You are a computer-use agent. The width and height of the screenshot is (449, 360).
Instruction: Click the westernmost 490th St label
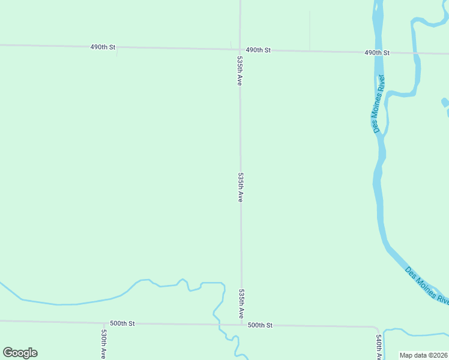[103, 46]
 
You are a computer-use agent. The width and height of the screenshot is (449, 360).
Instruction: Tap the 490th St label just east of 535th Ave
[258, 50]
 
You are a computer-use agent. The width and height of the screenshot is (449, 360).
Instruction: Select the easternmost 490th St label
[377, 53]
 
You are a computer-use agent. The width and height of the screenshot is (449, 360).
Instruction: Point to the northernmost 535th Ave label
[240, 71]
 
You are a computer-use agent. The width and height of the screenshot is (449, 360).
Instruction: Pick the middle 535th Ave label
[240, 187]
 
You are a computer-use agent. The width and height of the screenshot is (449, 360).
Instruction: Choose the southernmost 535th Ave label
[241, 304]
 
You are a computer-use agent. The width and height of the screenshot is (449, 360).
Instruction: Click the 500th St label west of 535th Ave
[122, 323]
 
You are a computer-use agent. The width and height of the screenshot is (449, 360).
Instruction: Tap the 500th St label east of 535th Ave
[261, 325]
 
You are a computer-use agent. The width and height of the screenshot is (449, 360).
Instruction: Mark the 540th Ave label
[379, 347]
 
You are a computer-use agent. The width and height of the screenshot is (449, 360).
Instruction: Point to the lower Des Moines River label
[427, 286]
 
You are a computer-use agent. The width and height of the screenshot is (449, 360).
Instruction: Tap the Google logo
[20, 353]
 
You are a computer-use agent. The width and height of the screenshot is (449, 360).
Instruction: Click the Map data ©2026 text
[423, 355]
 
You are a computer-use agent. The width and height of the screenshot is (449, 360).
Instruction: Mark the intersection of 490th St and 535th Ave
[241, 49]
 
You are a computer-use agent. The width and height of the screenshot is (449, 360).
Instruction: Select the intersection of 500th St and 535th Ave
[241, 325]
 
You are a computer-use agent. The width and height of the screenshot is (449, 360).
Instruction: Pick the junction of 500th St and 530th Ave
[104, 323]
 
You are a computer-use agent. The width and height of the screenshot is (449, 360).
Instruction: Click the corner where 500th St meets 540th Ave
[375, 328]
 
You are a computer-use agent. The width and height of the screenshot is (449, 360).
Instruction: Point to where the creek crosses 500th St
[220, 325]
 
